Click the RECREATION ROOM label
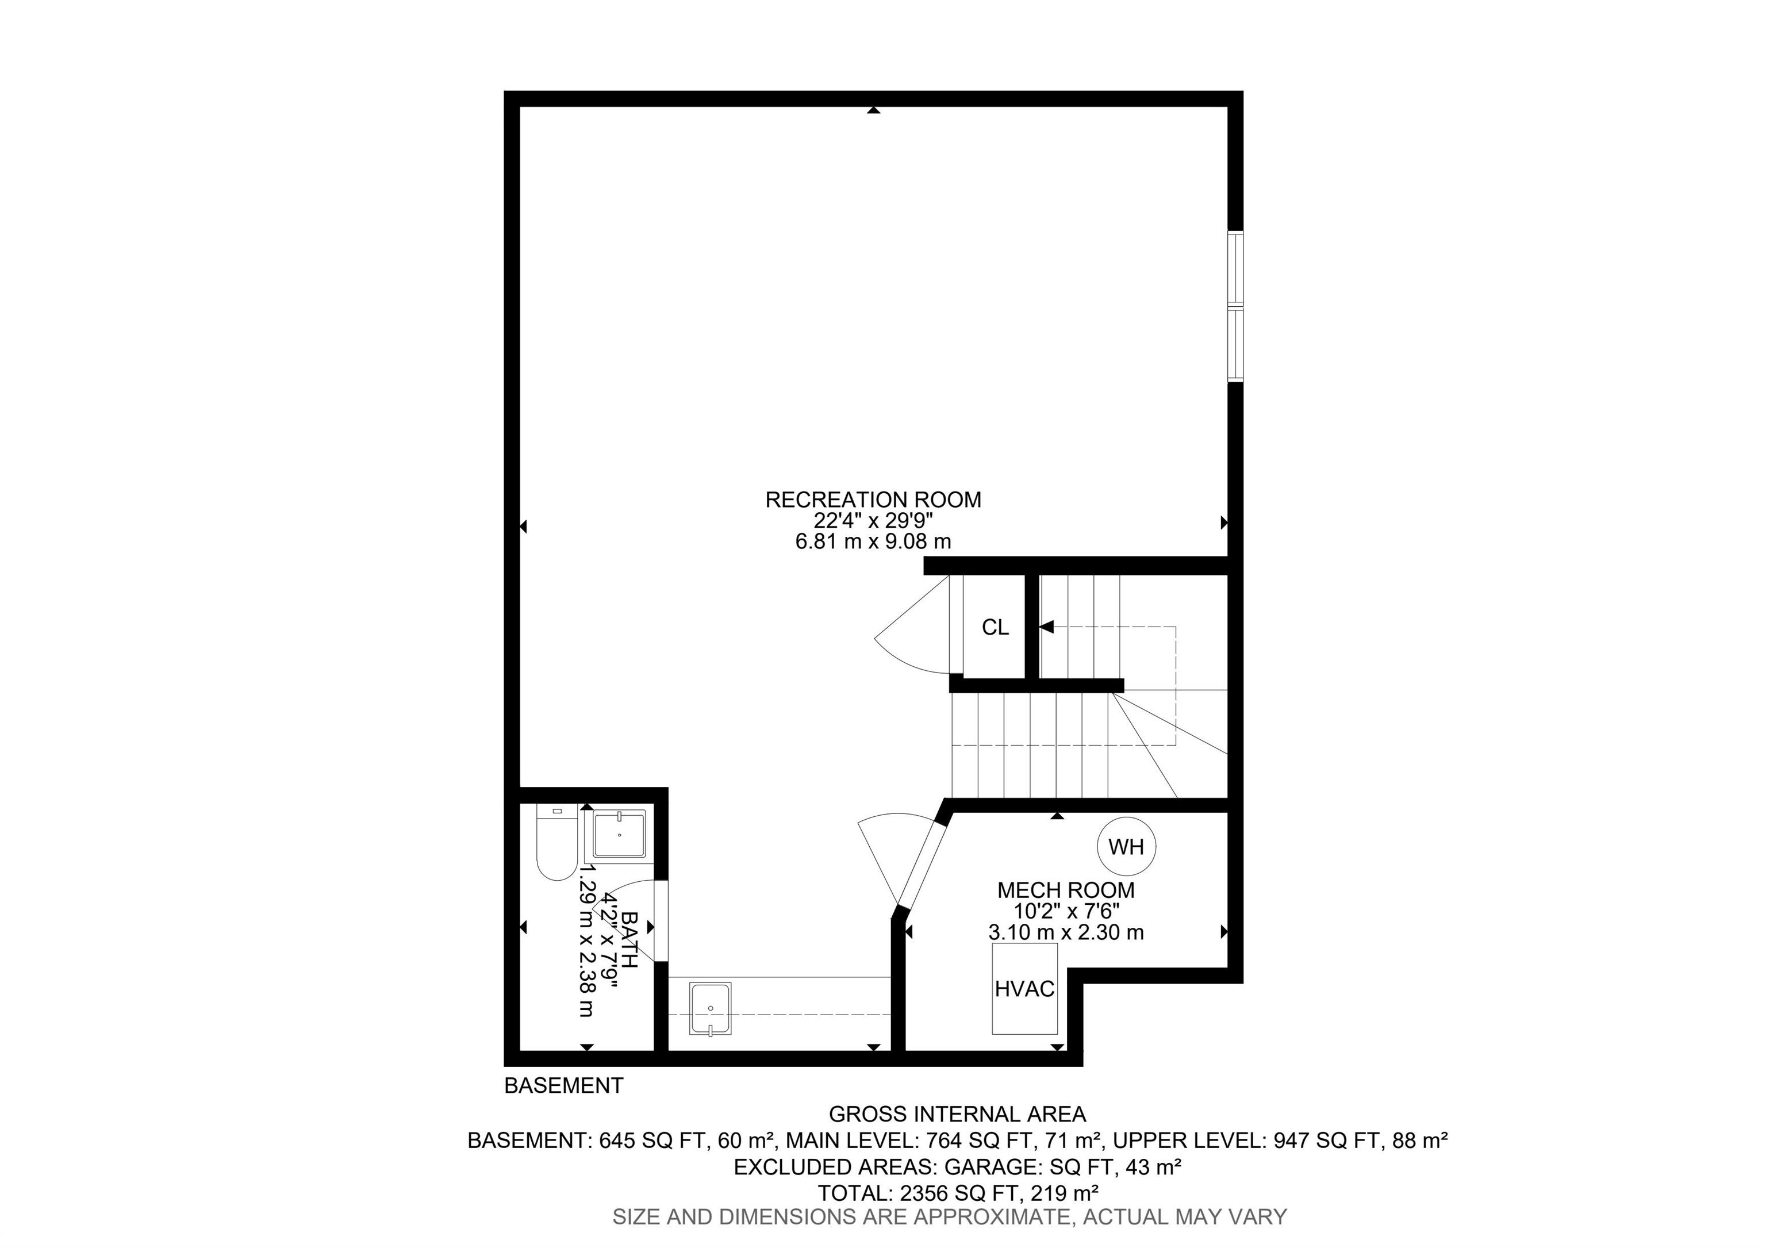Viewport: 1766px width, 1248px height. pos(873,500)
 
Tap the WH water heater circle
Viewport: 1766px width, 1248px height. pos(1126,847)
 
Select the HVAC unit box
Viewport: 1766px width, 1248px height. pos(1024,988)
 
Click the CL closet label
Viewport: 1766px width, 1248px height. pos(995,628)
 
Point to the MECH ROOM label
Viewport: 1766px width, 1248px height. pos(1065,890)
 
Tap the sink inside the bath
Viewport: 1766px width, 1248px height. pos(619,835)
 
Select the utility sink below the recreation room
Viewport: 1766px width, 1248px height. pos(711,1009)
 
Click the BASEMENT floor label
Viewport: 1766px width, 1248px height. pos(564,1086)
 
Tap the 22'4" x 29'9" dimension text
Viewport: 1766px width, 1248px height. pos(874,521)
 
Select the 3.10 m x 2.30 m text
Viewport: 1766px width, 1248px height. pos(1066,933)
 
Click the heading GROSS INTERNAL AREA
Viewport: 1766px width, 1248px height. pos(958,1114)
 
